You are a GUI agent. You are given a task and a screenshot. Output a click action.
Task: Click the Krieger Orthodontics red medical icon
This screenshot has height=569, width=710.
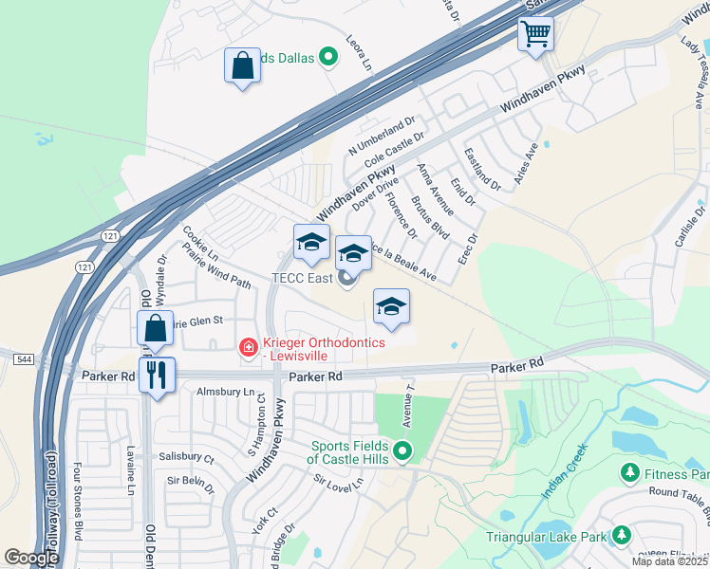click(248, 348)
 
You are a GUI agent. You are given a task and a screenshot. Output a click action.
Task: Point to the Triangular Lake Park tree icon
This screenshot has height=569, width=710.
click(621, 537)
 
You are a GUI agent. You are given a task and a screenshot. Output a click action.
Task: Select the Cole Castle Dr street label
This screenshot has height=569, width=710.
click(394, 153)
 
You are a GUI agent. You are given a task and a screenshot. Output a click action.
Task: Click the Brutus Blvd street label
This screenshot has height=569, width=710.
click(429, 218)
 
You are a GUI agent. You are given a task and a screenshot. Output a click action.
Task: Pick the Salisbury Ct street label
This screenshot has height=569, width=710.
click(186, 457)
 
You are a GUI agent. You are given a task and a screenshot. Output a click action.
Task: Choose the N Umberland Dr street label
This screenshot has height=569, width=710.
click(382, 137)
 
